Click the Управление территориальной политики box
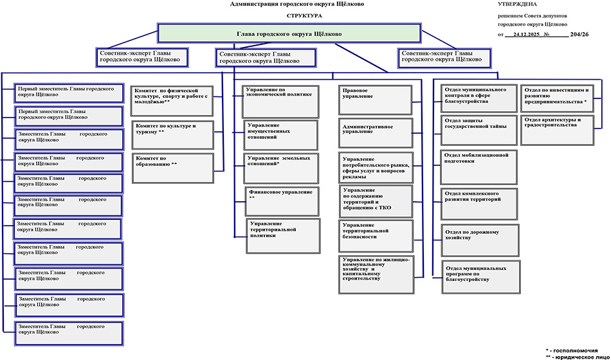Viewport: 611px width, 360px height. click(284, 236)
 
